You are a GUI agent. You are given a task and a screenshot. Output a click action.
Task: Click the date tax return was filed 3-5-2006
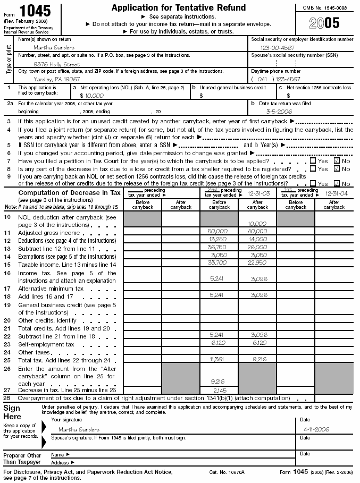click(x=282, y=112)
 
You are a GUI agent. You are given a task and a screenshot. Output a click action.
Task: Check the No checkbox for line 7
click(x=336, y=160)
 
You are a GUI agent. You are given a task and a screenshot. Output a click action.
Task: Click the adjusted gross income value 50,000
click(x=218, y=232)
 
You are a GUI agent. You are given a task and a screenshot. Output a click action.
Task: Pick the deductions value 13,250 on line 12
click(x=218, y=240)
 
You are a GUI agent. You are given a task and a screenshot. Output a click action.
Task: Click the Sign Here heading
click(x=12, y=412)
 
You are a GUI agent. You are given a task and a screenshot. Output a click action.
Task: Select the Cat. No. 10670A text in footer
click(x=225, y=472)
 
